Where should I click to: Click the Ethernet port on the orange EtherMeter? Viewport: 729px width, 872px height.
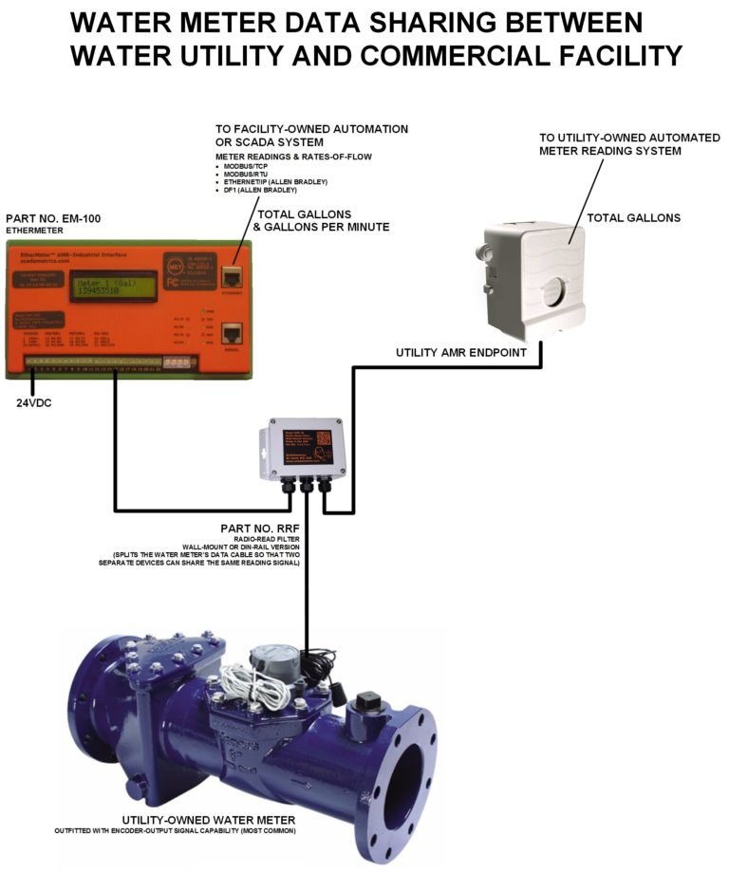231,276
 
